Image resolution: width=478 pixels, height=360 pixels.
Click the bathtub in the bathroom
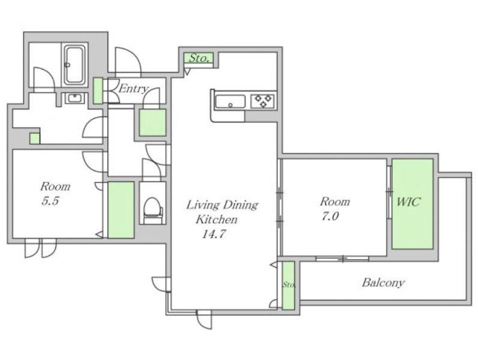pos(74,64)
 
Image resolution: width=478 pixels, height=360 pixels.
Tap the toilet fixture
pos(153,210)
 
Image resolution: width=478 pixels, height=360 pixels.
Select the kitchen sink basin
pos(230,102)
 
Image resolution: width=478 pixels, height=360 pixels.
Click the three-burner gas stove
pos(263,101)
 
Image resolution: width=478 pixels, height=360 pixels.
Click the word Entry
pos(133,89)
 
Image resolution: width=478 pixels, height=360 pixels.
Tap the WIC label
pos(408,202)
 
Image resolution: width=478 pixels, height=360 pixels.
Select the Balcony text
pos(383,283)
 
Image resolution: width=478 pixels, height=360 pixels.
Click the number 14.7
pos(213,233)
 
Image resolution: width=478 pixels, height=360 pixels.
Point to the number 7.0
pos(330,216)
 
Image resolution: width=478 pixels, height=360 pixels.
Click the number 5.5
pos(50,201)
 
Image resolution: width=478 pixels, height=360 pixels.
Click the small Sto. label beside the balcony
pos(288,285)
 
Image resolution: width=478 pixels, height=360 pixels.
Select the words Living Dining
pos(222,205)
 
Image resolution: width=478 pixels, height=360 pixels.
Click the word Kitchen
pos(216,219)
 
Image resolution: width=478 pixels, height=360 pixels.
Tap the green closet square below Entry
pos(153,122)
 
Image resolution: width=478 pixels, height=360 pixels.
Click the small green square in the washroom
pos(35,139)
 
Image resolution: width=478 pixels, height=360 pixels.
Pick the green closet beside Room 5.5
pos(121,210)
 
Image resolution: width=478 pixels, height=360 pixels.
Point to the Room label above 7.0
pos(334,202)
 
